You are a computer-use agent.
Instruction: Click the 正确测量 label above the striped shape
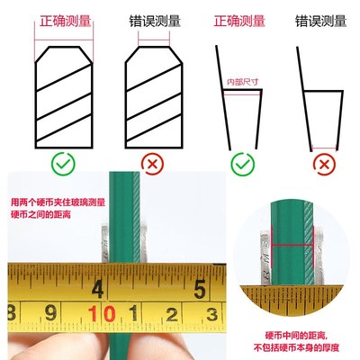pos(64,21)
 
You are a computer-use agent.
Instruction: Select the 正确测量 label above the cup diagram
pos(238,21)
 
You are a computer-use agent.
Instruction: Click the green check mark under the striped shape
pos(63,165)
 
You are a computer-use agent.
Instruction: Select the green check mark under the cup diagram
pos(242,165)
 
